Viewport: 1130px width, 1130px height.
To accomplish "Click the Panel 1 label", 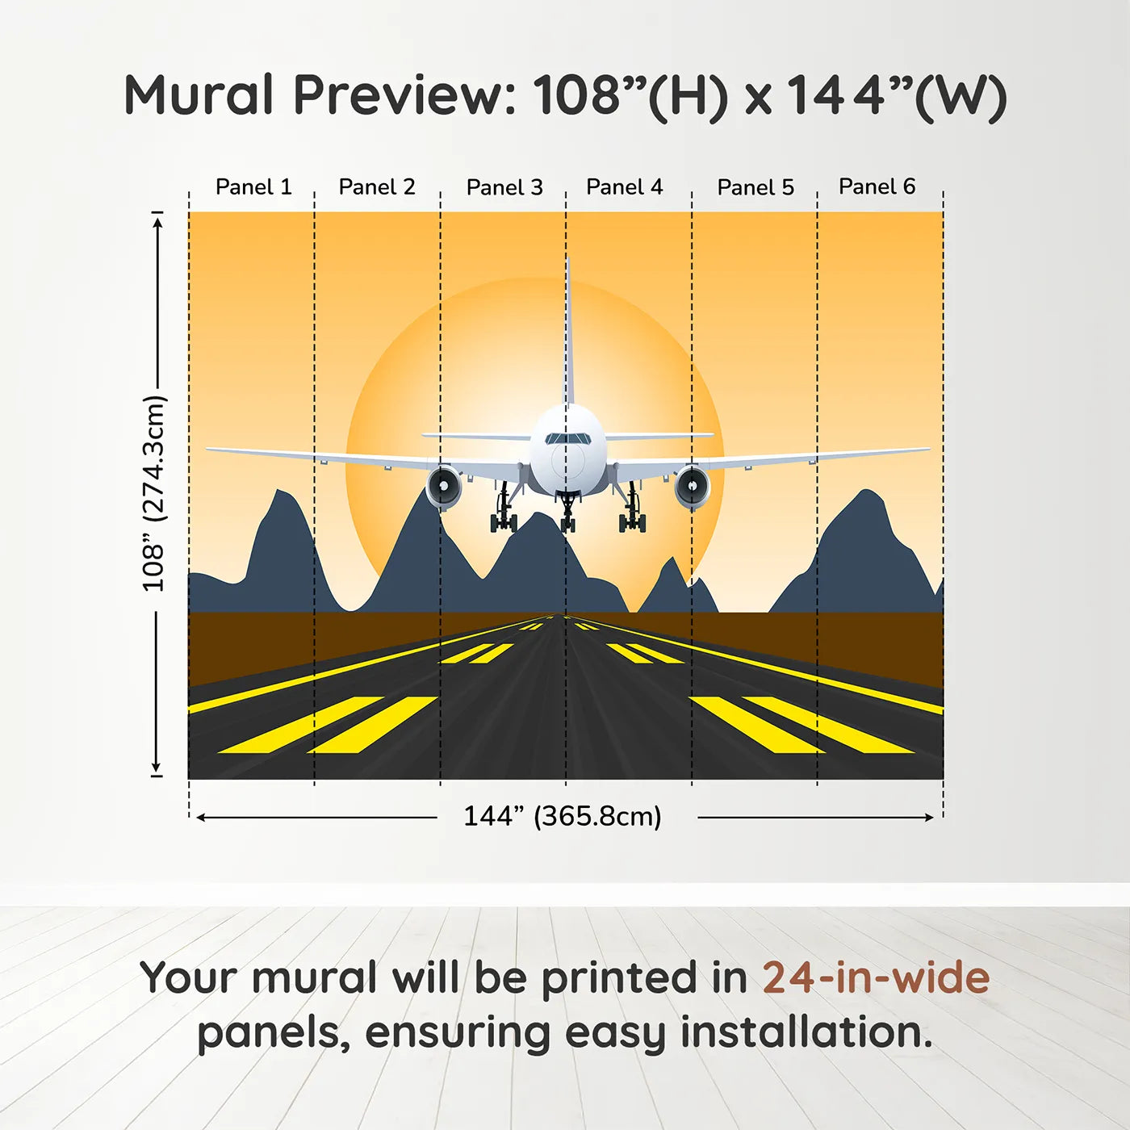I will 253,187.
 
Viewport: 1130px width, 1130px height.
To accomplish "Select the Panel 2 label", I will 376,187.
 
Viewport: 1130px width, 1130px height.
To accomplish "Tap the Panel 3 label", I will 504,187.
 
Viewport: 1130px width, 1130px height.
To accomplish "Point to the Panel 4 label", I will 624,187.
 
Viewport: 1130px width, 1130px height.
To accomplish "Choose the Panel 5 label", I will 755,187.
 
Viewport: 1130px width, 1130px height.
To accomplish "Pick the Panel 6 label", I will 877,186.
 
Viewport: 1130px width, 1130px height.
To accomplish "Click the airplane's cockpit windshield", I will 567,439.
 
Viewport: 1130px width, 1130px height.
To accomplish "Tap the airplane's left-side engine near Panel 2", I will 443,486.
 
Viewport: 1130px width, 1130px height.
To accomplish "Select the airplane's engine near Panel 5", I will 692,487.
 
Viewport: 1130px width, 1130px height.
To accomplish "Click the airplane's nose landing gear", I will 568,513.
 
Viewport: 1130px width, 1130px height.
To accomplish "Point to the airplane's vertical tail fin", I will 567,339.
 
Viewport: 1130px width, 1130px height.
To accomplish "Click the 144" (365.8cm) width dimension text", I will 562,816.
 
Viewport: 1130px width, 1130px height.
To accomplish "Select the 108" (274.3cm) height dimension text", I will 153,493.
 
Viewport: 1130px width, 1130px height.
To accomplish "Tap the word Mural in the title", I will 199,95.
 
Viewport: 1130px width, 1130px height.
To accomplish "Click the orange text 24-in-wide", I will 876,977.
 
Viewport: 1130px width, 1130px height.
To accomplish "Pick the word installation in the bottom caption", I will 806,1032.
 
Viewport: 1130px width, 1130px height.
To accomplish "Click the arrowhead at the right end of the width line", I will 930,818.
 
